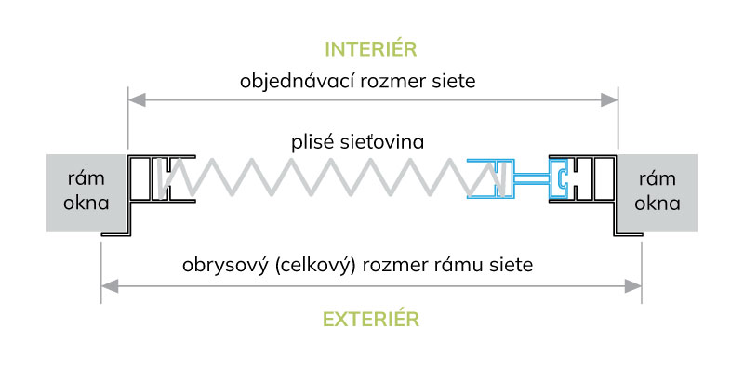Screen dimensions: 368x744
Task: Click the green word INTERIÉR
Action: click(x=371, y=48)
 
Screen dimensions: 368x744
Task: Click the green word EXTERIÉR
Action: click(x=371, y=319)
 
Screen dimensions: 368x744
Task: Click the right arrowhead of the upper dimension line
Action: click(x=612, y=98)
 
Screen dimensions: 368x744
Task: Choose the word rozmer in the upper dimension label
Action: click(x=385, y=81)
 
